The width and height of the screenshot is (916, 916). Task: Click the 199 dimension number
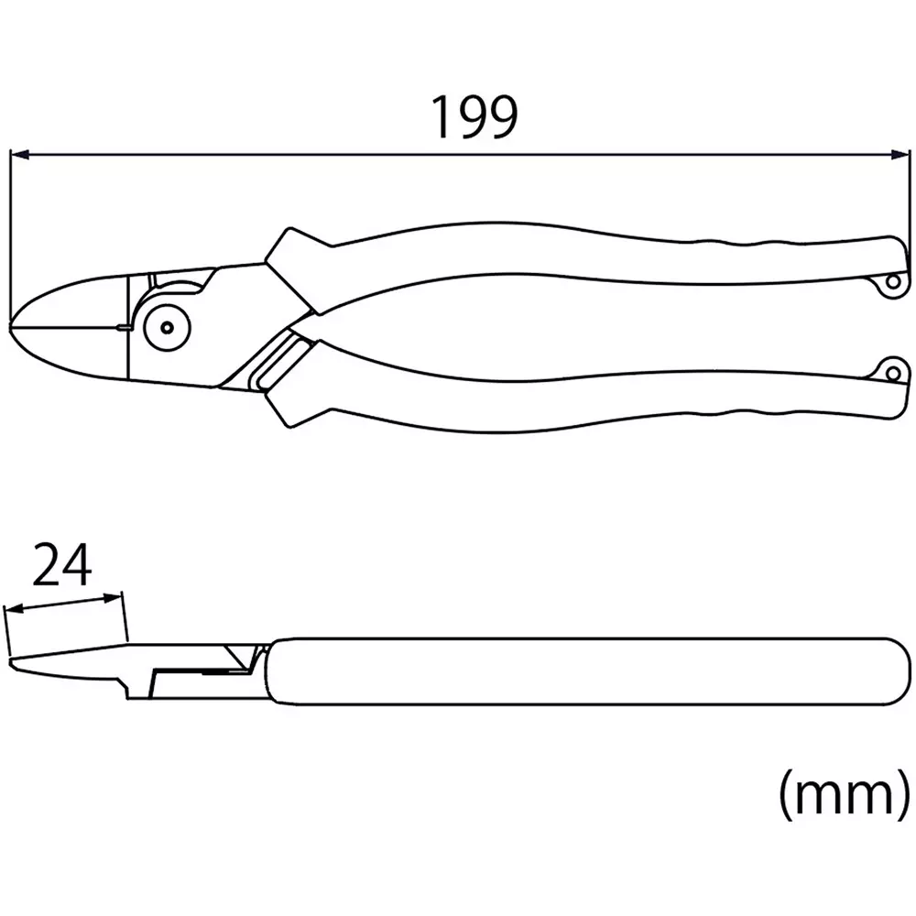pos(474,117)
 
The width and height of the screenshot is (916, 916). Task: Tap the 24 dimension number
pos(63,565)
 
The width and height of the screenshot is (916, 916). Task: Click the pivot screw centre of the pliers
pos(167,325)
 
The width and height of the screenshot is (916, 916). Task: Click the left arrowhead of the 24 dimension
pos(13,609)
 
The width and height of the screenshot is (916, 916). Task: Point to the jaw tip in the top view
pos(14,325)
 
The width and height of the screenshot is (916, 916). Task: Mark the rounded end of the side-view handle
pos(902,671)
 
